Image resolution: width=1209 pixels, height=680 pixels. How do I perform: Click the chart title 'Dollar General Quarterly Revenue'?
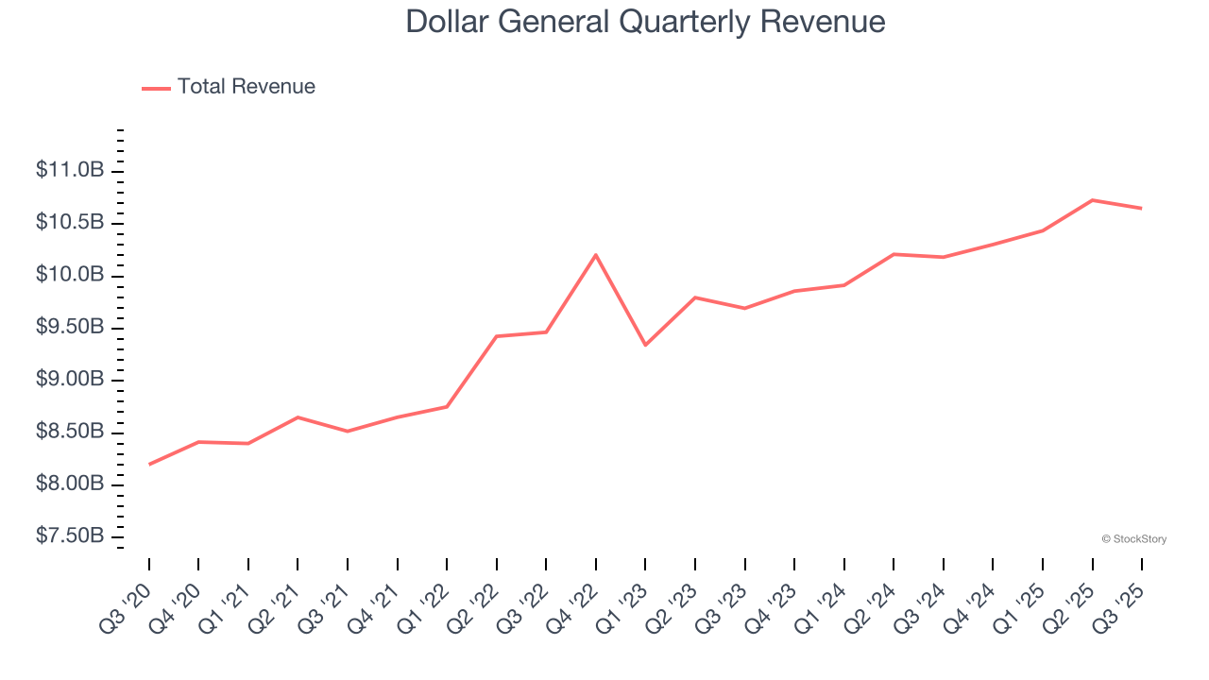pyautogui.click(x=645, y=22)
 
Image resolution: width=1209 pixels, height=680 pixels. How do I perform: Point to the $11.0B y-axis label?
pyautogui.click(x=70, y=170)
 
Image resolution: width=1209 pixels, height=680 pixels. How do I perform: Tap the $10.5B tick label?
pyautogui.click(x=70, y=222)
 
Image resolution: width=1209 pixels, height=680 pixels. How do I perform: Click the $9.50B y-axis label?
pyautogui.click(x=70, y=327)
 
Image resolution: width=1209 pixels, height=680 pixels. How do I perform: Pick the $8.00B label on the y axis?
pyautogui.click(x=70, y=484)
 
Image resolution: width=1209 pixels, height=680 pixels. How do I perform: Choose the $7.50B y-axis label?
pyautogui.click(x=70, y=535)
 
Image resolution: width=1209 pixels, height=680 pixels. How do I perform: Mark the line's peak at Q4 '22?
pyautogui.click(x=596, y=255)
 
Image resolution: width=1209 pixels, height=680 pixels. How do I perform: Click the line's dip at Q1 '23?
pyautogui.click(x=645, y=345)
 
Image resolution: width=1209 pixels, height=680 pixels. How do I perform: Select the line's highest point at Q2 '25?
pyautogui.click(x=1092, y=200)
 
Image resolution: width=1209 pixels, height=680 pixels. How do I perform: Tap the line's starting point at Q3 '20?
pyautogui.click(x=149, y=464)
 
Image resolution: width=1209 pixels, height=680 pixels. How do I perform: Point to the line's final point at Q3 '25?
pyautogui.click(x=1141, y=208)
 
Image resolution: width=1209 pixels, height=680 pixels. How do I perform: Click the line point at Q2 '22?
pyautogui.click(x=497, y=336)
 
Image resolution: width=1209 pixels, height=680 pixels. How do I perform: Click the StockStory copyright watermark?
pyautogui.click(x=1133, y=539)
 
